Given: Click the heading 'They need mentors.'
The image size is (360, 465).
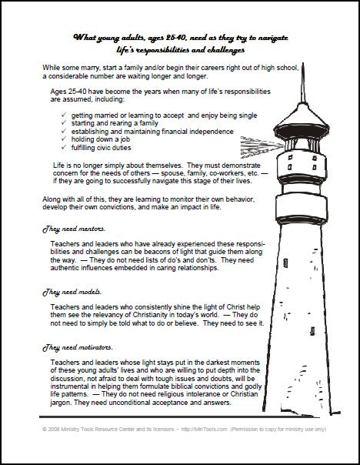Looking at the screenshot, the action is point(74,229).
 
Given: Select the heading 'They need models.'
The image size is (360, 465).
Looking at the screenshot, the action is point(72,292).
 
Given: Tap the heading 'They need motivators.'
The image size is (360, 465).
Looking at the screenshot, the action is point(78,347).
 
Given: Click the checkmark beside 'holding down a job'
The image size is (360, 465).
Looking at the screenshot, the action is point(64,139).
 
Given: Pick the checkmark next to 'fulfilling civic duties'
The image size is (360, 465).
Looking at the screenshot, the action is point(64,147).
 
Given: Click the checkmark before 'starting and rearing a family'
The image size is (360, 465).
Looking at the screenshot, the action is point(64,122).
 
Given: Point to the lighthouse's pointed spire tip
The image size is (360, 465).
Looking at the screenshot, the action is point(303,63).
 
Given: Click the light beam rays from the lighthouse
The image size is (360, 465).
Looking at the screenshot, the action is point(262,147).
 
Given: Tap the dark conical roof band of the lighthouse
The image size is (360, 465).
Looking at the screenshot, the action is point(302,130).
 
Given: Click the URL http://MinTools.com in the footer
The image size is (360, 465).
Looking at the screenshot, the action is point(204,429).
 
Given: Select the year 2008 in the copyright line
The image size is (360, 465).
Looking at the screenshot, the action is point(54,429).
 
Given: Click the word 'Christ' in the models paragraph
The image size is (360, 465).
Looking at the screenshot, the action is point(236,307).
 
